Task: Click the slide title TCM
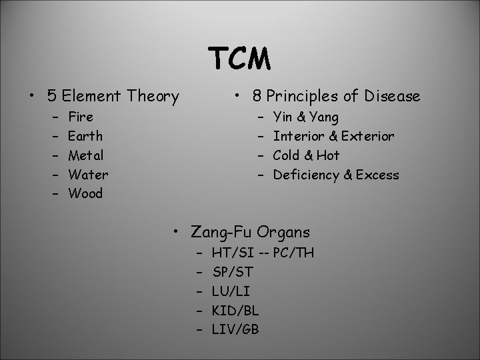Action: [x=240, y=60]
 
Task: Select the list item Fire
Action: [x=81, y=117]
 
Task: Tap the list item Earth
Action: [x=85, y=136]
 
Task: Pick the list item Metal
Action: [x=86, y=155]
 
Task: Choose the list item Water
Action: [x=88, y=175]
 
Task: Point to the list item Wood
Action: [x=85, y=194]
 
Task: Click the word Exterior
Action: [x=367, y=136]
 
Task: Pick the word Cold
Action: [x=288, y=155]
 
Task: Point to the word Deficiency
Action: [x=305, y=175]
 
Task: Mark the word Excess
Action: [x=377, y=175]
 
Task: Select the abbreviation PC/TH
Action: [x=293, y=253]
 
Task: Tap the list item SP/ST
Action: [x=233, y=272]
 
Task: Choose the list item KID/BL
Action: [x=235, y=311]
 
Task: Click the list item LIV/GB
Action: [x=235, y=330]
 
